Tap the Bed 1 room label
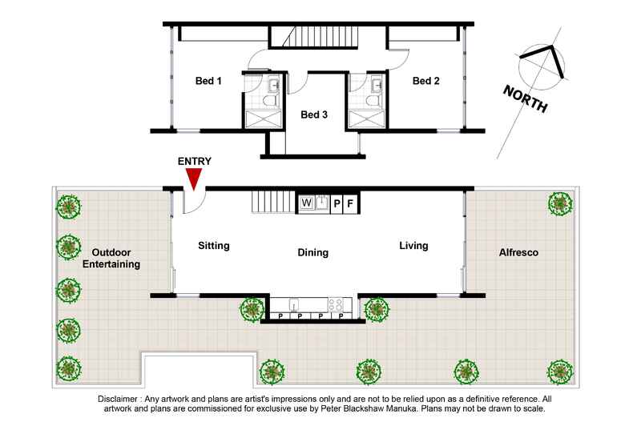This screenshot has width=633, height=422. (x=208, y=81)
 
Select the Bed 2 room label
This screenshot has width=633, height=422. (x=425, y=81)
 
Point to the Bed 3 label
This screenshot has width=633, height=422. (x=314, y=115)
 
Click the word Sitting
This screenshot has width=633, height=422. (x=214, y=247)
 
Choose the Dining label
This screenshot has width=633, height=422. (x=312, y=253)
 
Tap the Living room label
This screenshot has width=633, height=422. (x=413, y=246)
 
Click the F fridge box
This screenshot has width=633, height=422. (x=350, y=203)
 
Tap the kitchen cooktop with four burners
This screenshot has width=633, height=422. (x=337, y=304)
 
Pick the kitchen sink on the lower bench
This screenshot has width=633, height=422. (x=295, y=304)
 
